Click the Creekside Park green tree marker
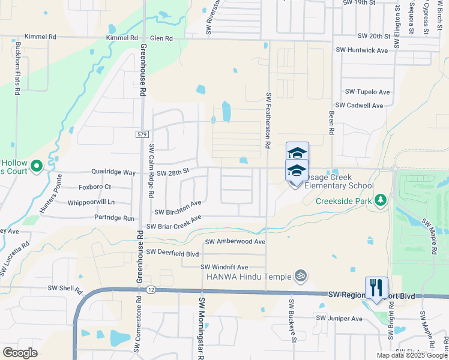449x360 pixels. tap(379, 199)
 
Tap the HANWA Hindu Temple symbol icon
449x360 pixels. tap(301, 276)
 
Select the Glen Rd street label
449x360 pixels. tap(161, 38)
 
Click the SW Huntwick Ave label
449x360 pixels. tap(362, 50)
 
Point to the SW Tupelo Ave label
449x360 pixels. tap(367, 92)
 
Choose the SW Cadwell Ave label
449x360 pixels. tap(359, 106)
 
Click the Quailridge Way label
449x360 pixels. tap(113, 172)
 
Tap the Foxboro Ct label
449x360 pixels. tap(95, 187)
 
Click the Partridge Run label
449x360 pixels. tap(115, 218)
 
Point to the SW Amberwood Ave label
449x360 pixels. tap(235, 242)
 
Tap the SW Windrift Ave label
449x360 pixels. tap(224, 267)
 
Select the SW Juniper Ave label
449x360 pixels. tap(340, 318)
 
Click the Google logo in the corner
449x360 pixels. tap(20, 353)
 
